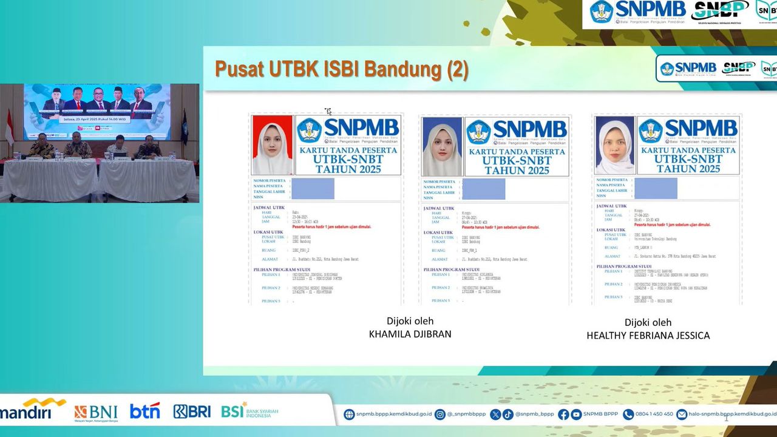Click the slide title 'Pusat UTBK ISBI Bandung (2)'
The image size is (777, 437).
click(342, 70)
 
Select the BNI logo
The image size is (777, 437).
click(96, 412)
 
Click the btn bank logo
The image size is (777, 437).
click(144, 411)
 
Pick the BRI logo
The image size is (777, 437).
click(192, 411)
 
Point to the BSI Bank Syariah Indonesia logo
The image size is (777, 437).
click(249, 411)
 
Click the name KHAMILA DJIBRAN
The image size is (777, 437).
click(410, 334)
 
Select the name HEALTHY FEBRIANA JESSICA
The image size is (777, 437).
click(648, 335)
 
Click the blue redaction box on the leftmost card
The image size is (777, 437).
click(313, 189)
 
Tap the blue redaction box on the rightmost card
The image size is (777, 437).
click(656, 188)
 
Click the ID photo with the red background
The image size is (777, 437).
click(272, 145)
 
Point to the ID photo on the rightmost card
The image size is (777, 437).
click(614, 145)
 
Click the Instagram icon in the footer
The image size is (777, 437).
click(440, 415)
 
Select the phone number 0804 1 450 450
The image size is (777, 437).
click(654, 414)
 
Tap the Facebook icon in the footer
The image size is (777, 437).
click(563, 415)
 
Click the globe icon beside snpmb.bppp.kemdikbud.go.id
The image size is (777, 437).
click(349, 415)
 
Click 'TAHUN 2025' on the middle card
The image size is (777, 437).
click(517, 170)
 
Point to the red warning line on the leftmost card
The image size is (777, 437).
click(331, 226)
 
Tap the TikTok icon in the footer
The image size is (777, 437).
click(507, 415)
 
